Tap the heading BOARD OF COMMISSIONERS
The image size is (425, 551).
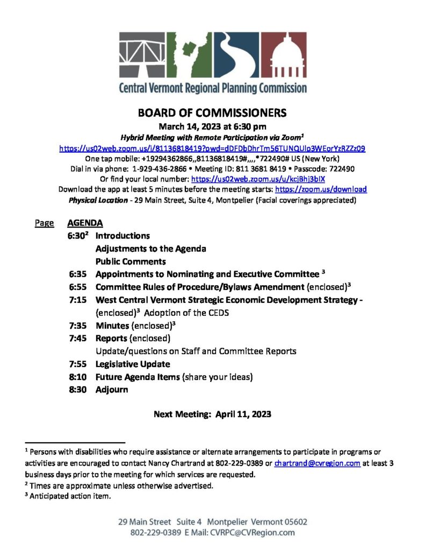pos(212,114)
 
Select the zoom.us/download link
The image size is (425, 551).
pos(321,189)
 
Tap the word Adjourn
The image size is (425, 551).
pos(112,389)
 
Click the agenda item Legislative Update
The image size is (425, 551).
pos(132,364)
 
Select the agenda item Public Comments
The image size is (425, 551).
pos(131,262)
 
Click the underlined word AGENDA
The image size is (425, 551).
pos(85,223)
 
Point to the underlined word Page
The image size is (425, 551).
pos(44,223)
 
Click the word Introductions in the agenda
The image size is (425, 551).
pos(123,236)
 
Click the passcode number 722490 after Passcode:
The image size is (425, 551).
pos(341,169)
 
